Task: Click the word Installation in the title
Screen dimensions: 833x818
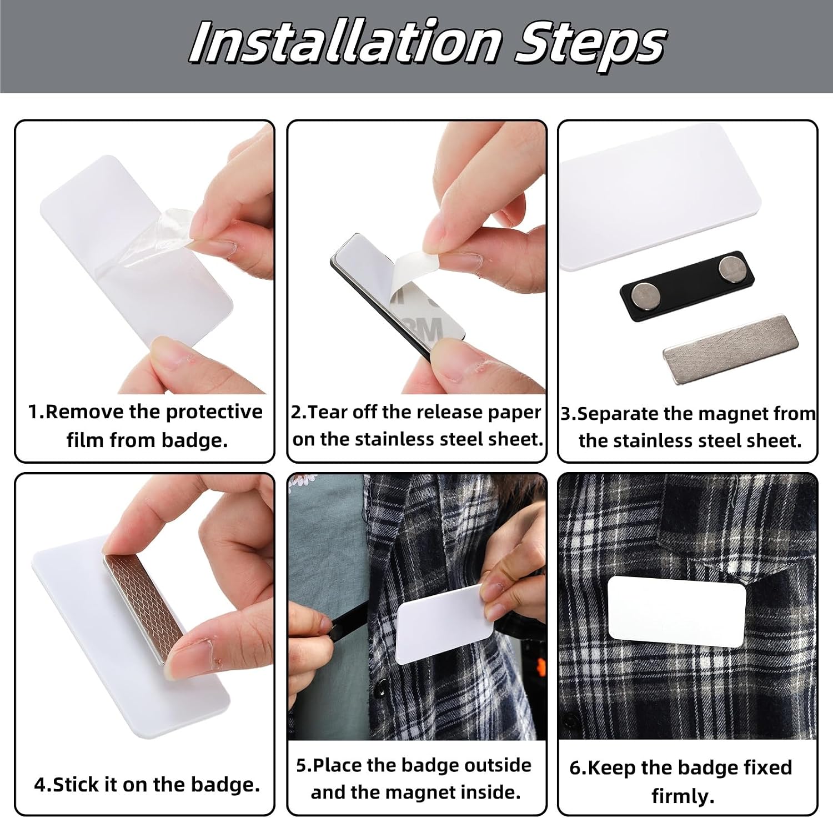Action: [344, 43]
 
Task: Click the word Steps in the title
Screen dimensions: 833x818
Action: [590, 46]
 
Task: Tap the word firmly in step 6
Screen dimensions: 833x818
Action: [683, 796]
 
